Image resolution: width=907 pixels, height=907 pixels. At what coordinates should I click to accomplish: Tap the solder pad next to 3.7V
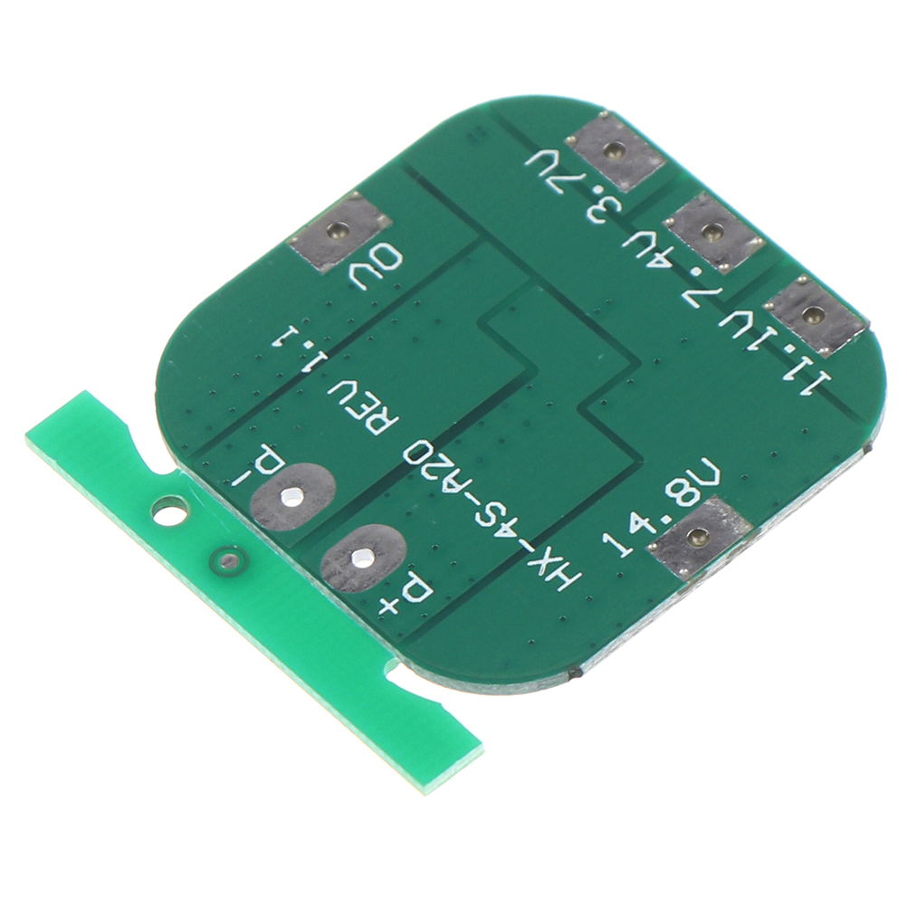[615, 151]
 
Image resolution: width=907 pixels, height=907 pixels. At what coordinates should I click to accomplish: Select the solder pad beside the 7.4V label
[711, 232]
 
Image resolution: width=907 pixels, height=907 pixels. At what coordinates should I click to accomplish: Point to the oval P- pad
[292, 495]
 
